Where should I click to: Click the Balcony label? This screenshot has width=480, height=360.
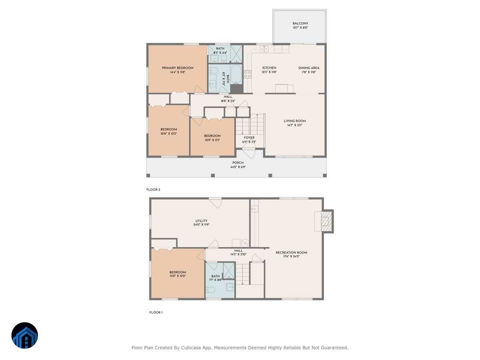tap(300, 24)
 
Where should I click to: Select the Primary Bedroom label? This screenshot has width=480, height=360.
tap(178, 68)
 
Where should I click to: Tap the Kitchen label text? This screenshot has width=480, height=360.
tap(269, 68)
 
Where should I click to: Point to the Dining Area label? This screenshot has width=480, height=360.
tap(309, 68)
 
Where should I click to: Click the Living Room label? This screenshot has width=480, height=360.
tap(295, 121)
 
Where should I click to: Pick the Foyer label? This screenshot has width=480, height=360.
tap(249, 138)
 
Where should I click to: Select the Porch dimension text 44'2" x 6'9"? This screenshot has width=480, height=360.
tap(238, 167)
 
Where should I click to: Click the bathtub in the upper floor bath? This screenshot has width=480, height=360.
tap(236, 74)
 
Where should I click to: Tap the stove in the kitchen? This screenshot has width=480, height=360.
tap(248, 74)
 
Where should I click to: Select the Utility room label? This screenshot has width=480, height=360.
tap(201, 221)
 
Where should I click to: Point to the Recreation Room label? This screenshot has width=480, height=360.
tap(291, 252)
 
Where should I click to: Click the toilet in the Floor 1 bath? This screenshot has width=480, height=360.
tap(212, 289)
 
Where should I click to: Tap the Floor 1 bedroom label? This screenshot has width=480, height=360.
tap(177, 272)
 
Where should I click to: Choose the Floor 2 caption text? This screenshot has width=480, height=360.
tap(153, 190)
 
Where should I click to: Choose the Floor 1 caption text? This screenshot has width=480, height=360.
tap(156, 312)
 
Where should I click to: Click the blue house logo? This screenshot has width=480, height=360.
tap(25, 335)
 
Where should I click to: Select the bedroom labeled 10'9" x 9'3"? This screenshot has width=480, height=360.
tap(212, 136)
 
